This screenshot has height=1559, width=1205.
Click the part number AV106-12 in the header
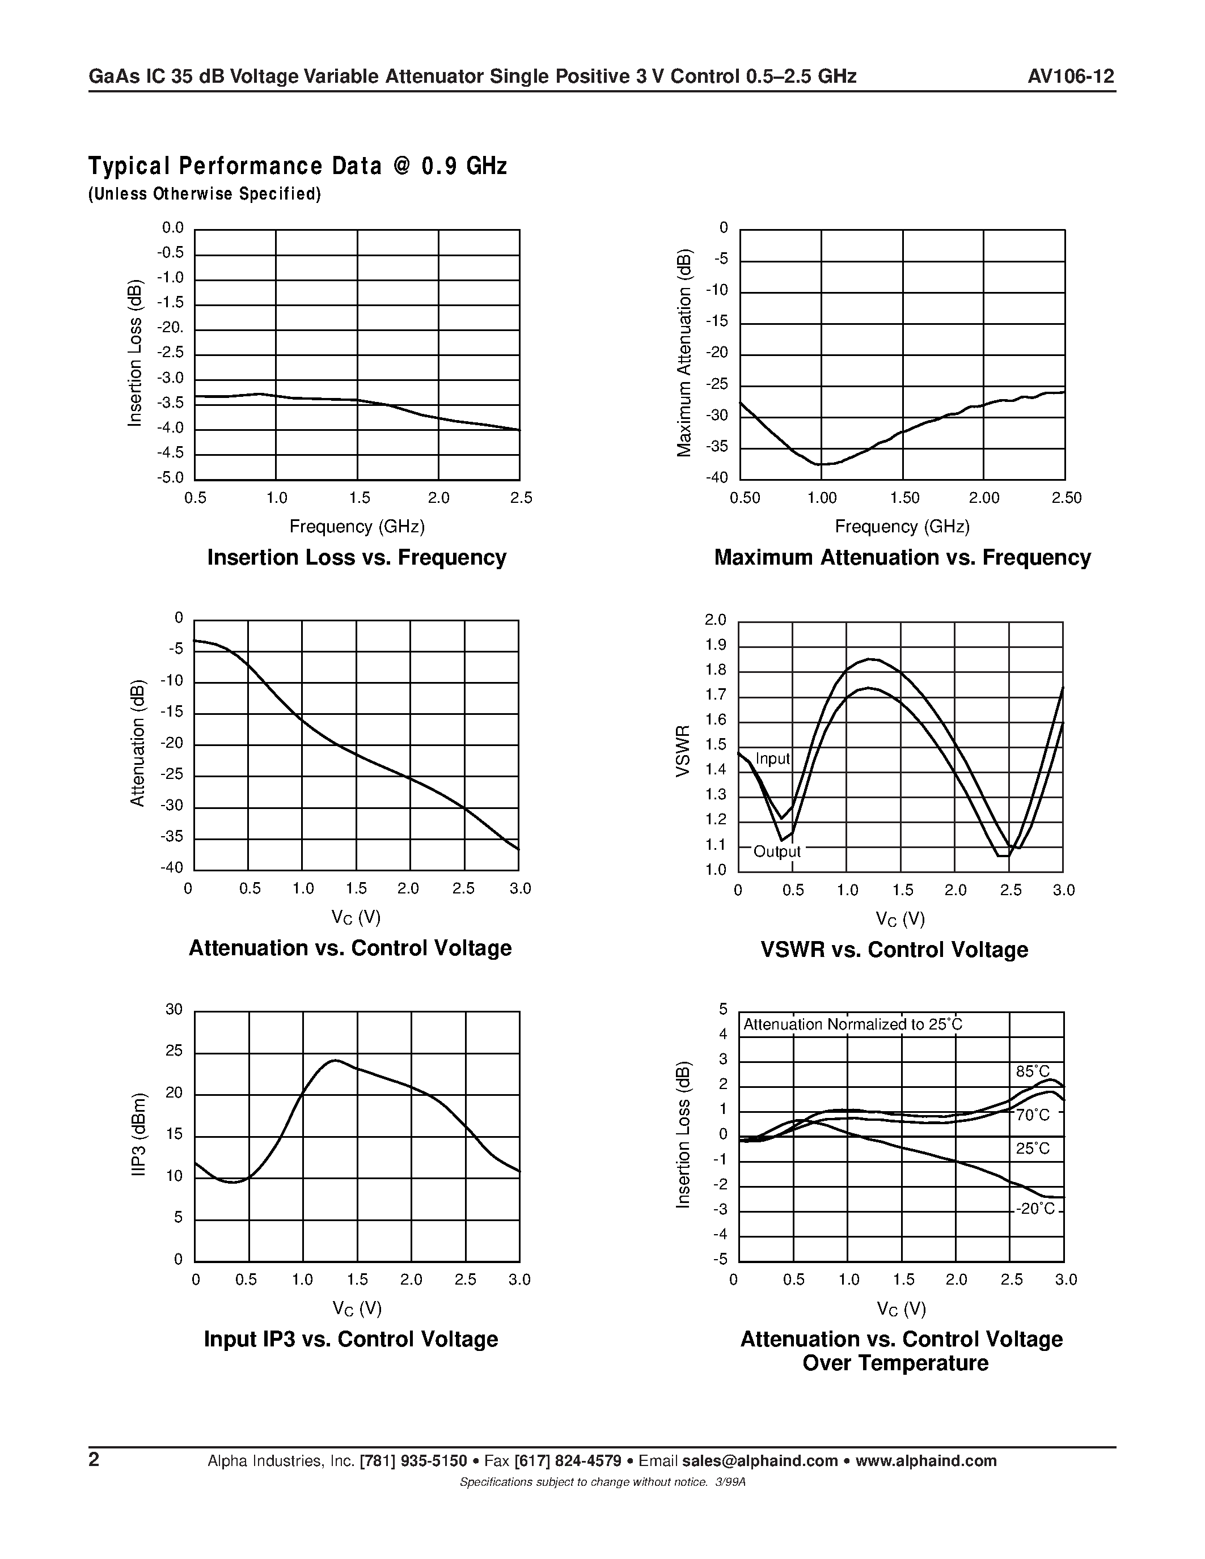click(x=1071, y=77)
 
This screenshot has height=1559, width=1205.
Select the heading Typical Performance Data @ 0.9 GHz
click(x=297, y=166)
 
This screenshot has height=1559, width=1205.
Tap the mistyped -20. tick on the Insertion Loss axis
click(x=171, y=328)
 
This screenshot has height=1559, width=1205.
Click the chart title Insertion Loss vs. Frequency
click(x=356, y=557)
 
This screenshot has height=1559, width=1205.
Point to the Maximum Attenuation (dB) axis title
click(x=684, y=353)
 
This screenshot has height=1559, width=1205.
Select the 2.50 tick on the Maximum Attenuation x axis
click(x=1067, y=498)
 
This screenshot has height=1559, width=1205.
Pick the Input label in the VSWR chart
click(x=772, y=759)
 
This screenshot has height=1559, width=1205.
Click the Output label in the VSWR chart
click(x=777, y=851)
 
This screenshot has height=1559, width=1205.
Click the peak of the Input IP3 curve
click(x=334, y=1061)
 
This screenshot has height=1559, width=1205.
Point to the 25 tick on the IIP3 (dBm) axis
click(x=174, y=1052)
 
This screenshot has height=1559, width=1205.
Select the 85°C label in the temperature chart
click(x=1033, y=1071)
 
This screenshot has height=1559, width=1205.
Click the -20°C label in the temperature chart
click(x=1035, y=1209)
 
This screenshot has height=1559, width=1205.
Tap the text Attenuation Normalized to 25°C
click(x=852, y=1025)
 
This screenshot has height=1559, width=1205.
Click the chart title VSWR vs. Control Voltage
click(x=894, y=950)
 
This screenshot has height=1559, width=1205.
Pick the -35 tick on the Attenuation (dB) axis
click(x=171, y=837)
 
